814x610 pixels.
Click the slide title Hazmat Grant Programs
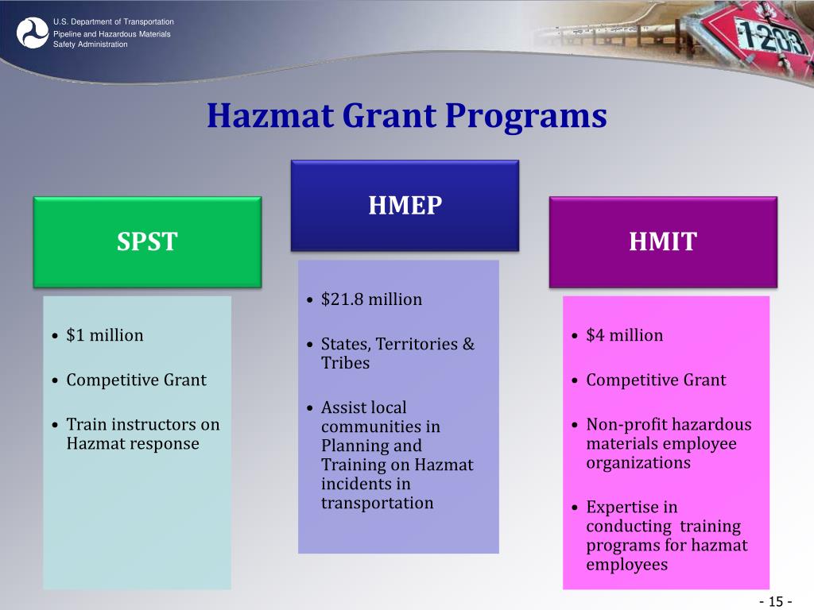click(x=406, y=116)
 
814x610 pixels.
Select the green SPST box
click(x=147, y=241)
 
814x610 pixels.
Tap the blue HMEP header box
click(x=405, y=206)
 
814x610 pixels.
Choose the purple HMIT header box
click(x=662, y=241)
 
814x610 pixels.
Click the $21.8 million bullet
click(x=371, y=299)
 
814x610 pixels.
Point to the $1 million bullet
click(x=105, y=335)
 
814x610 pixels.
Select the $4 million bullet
click(x=624, y=335)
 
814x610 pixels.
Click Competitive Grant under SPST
click(x=136, y=380)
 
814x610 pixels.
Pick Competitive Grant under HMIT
click(x=656, y=380)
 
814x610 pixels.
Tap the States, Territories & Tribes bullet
click(x=397, y=353)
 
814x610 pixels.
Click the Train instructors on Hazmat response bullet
click(x=142, y=434)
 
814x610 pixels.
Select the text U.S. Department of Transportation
click(x=114, y=21)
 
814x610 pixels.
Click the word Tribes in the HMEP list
click(x=345, y=363)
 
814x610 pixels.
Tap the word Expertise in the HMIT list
click(x=622, y=507)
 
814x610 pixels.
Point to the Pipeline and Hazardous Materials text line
click(x=111, y=34)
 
